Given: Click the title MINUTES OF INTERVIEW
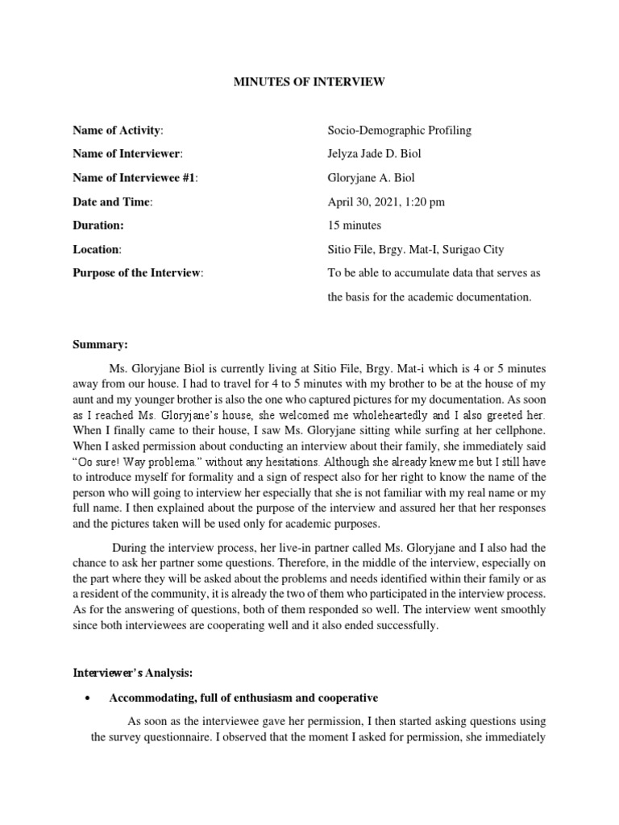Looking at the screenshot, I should pyautogui.click(x=309, y=81).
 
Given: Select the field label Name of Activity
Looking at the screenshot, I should pyautogui.click(x=118, y=130).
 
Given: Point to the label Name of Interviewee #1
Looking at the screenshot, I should pyautogui.click(x=135, y=178).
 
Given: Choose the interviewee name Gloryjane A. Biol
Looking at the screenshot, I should pyautogui.click(x=372, y=178).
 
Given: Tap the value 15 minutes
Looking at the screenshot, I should pyautogui.click(x=355, y=226).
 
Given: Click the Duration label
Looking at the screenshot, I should pyautogui.click(x=98, y=226).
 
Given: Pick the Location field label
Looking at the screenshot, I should pyautogui.click(x=97, y=250).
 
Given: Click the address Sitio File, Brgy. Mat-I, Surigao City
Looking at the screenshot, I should pyautogui.click(x=416, y=250).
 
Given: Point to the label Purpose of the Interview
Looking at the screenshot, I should pyautogui.click(x=138, y=273).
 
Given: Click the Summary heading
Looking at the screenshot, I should pyautogui.click(x=101, y=345).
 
